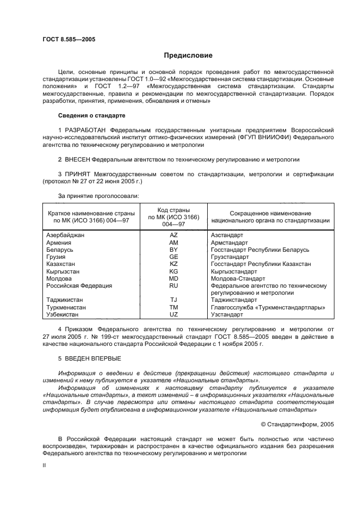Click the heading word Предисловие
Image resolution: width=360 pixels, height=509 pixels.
[x=188, y=55]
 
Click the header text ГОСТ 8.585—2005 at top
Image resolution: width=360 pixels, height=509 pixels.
[x=65, y=40]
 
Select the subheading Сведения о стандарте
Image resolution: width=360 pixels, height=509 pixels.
[x=91, y=116]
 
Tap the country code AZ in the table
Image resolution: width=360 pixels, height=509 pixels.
[x=174, y=235]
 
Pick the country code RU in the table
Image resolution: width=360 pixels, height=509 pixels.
[x=174, y=285]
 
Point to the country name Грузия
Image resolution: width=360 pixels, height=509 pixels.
[x=56, y=257]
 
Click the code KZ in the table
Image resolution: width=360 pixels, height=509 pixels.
[x=174, y=264]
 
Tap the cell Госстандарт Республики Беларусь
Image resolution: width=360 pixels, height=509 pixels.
[x=260, y=250]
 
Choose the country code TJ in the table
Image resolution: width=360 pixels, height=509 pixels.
[x=174, y=300]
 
